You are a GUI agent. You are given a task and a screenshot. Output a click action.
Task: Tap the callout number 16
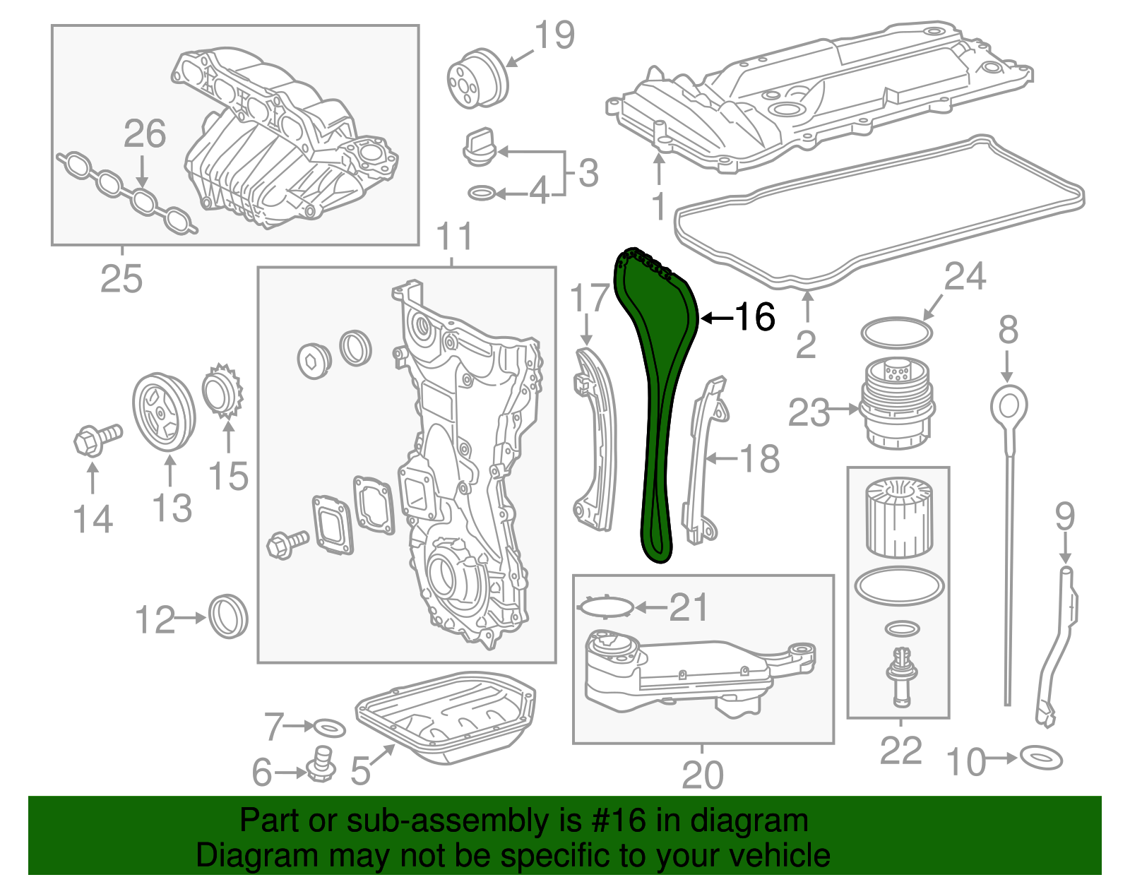[x=755, y=317]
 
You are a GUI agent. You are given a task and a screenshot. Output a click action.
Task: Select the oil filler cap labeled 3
[x=480, y=147]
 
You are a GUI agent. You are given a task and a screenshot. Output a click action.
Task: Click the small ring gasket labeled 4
[x=482, y=193]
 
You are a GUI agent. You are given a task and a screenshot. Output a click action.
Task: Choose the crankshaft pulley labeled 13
[x=164, y=412]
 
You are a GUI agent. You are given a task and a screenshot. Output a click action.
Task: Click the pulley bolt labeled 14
[x=95, y=439]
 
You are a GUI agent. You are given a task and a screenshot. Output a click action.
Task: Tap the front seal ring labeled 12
[x=228, y=616]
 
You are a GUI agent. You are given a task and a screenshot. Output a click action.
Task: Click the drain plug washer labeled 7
[x=328, y=727]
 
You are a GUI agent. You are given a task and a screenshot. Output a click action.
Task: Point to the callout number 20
[x=702, y=775]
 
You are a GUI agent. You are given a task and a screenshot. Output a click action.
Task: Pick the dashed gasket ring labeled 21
[x=606, y=607]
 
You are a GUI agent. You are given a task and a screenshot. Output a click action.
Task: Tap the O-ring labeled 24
[x=896, y=332]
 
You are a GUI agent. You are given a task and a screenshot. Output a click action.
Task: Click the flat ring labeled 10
[x=1041, y=758]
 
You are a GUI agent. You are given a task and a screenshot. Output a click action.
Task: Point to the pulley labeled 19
[x=477, y=78]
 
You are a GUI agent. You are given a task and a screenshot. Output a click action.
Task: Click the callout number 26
[x=145, y=133]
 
